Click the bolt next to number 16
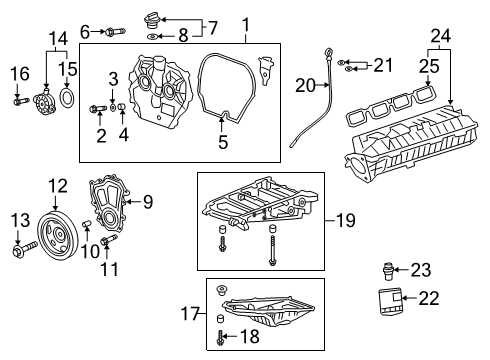point(20,100)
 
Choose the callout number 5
point(223,143)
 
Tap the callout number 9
point(148,203)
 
